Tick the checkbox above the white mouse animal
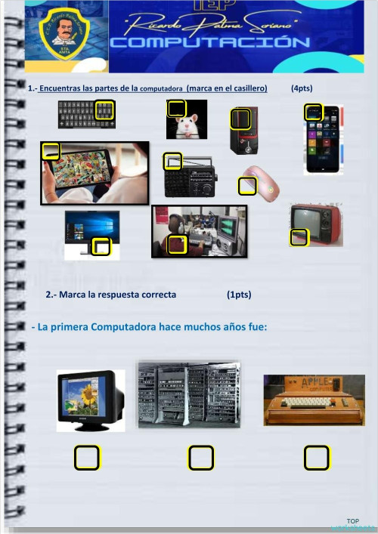coord(176,109)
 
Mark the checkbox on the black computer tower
coord(240,119)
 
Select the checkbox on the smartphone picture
coord(314,113)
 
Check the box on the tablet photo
coord(51,151)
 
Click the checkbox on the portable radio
coord(172,161)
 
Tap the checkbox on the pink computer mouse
coord(247,185)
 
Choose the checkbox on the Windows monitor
coord(101,246)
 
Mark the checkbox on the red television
coord(299,238)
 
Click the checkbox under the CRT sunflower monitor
coord(87,457)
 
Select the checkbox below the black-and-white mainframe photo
coord(201,457)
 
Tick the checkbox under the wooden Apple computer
coord(317,457)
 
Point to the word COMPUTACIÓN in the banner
coord(209,43)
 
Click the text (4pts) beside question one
coord(302,88)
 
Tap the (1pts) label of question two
coord(239,295)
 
